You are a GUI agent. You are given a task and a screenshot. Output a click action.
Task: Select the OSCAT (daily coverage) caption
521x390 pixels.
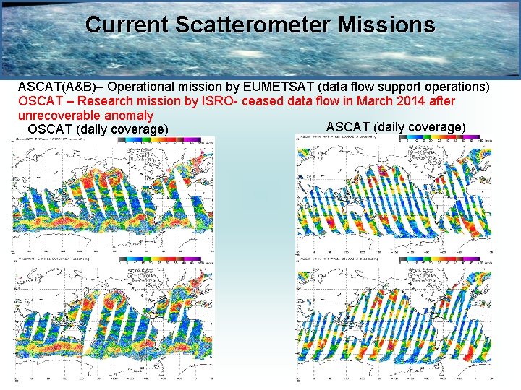[x=98, y=129]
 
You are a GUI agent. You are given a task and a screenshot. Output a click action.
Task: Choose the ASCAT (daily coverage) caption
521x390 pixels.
[x=396, y=128]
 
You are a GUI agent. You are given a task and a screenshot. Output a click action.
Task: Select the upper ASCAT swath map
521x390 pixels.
[x=394, y=195]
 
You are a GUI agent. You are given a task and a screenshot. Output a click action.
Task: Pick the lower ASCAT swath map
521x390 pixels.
[x=394, y=318]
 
